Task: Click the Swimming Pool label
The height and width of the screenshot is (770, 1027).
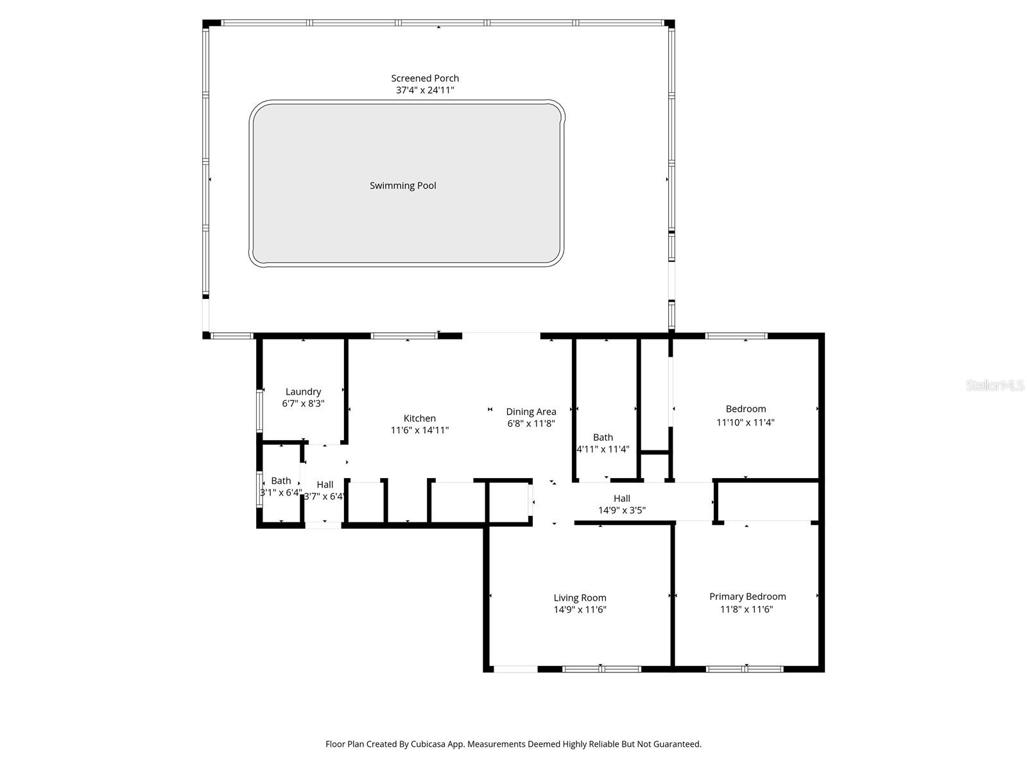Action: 402,185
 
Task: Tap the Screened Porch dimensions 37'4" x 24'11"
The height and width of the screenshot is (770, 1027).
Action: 425,90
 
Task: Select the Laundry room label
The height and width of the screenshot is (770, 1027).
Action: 303,392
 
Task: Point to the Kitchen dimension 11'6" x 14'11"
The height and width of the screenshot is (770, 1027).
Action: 420,430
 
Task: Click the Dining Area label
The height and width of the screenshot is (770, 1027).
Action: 531,412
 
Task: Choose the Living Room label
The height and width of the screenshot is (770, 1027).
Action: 580,598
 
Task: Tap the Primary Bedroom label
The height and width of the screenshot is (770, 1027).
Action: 747,597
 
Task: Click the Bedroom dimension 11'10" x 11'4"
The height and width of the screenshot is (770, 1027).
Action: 745,423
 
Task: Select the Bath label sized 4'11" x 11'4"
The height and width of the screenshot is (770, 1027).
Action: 603,438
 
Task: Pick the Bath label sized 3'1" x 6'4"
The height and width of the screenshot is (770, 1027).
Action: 280,481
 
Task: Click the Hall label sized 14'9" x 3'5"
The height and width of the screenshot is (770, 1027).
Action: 622,499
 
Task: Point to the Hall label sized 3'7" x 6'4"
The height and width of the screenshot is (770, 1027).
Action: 325,485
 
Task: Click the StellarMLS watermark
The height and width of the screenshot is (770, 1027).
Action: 995,385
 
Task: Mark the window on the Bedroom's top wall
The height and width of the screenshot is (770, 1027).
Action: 736,336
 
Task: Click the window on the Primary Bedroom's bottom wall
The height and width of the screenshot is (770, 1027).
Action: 745,669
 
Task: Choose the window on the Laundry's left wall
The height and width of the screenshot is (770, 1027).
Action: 259,411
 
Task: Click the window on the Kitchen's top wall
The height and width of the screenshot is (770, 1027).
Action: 404,336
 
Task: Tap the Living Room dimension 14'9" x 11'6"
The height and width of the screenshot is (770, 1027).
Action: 580,610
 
